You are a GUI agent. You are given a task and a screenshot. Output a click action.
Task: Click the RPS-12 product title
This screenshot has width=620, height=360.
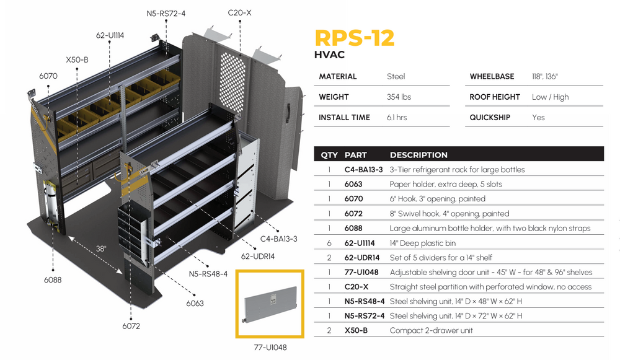click(x=354, y=37)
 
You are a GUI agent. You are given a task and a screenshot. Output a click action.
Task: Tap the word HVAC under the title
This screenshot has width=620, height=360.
click(x=329, y=55)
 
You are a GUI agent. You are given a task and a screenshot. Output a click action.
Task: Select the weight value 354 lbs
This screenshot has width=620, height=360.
click(x=399, y=97)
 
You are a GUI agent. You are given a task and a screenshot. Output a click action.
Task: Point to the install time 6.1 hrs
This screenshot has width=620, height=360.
click(x=397, y=118)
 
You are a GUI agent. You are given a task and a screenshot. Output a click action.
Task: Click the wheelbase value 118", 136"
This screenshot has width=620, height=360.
click(x=545, y=77)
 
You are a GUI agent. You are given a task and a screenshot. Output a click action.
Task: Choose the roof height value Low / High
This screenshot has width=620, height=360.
click(x=550, y=97)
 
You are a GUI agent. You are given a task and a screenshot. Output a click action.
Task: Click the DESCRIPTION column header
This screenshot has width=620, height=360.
click(x=418, y=155)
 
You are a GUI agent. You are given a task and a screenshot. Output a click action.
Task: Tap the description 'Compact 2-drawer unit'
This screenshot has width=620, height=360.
click(x=431, y=330)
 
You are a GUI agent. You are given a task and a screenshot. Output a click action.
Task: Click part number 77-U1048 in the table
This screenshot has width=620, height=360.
click(x=362, y=272)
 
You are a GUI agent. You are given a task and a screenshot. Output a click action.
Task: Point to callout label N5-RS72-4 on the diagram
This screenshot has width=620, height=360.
click(x=166, y=13)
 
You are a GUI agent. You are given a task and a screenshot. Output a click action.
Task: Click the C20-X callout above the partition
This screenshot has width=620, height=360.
click(x=239, y=12)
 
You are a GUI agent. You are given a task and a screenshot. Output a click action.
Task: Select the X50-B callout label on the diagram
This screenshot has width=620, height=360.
click(x=77, y=60)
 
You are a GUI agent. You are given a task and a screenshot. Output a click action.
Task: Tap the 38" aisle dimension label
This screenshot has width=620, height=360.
click(x=100, y=248)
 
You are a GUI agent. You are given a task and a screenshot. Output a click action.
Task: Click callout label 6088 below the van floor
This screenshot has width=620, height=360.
click(x=53, y=279)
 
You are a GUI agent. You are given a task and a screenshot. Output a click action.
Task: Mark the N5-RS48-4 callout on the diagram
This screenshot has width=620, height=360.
click(x=208, y=273)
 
